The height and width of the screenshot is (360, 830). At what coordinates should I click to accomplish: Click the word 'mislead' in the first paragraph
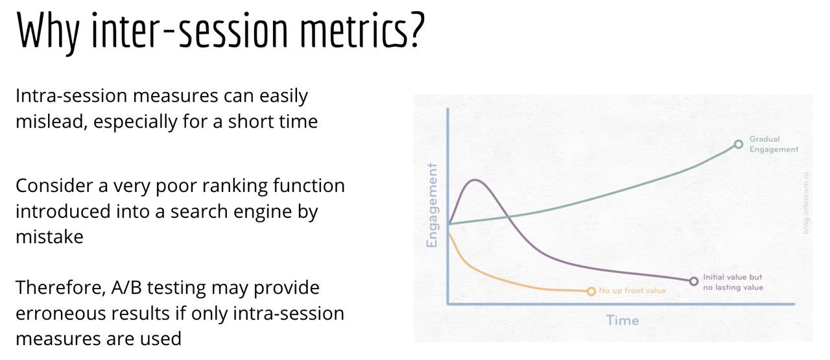[x=51, y=121]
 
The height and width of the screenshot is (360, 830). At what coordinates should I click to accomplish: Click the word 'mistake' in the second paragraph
[x=50, y=237]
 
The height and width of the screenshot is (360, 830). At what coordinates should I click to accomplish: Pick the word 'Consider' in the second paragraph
[x=54, y=186]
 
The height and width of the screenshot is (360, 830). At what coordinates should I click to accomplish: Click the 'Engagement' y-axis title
[x=432, y=206]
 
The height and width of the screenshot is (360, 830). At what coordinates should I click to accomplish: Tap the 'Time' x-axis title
[x=622, y=320]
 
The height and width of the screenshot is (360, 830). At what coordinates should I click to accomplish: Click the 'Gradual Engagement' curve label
[x=774, y=144]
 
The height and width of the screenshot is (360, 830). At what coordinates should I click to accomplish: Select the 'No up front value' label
[x=632, y=291]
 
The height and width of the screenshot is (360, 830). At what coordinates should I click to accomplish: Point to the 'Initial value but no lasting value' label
[x=733, y=282]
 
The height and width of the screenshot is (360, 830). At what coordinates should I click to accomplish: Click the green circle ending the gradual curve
[x=739, y=144]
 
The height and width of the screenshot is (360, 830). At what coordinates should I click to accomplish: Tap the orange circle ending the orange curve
[x=591, y=291]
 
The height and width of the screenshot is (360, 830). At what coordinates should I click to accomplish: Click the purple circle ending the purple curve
[x=694, y=282]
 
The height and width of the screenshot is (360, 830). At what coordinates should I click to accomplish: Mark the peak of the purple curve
[x=475, y=180]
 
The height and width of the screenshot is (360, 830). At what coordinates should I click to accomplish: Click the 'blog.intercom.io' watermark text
[x=805, y=203]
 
